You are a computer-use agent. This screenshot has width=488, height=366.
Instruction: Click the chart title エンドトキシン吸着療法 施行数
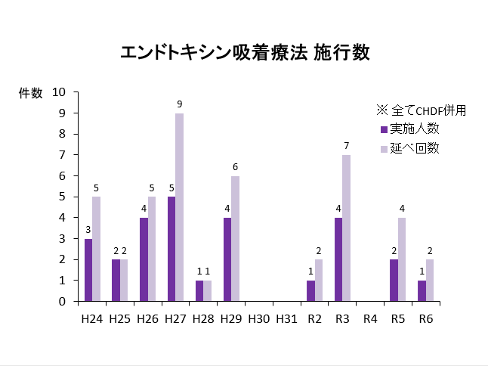tap(245, 53)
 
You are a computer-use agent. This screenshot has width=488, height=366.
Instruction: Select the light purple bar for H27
tap(180, 207)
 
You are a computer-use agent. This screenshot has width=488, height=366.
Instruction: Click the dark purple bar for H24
tap(88, 270)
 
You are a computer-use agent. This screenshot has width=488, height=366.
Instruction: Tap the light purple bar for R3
tap(347, 228)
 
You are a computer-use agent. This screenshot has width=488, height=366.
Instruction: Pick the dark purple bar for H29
tap(227, 259)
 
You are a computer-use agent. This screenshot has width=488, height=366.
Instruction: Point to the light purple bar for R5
tap(402, 259)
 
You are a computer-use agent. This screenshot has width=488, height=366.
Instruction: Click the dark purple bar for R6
tap(422, 290)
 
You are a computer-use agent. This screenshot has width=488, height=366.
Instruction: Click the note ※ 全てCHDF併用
tap(420, 110)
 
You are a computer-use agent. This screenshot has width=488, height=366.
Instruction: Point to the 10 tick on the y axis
tap(60, 92)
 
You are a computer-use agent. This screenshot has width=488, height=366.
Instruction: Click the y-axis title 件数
tap(31, 93)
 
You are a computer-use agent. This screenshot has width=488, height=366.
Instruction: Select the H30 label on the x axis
tap(258, 319)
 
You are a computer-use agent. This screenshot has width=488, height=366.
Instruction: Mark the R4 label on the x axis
tap(370, 319)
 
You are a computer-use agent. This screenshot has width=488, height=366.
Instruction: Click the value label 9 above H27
tap(180, 104)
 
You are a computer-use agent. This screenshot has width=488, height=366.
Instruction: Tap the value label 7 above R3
tap(347, 145)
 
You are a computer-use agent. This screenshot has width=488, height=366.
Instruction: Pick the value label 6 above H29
tap(236, 166)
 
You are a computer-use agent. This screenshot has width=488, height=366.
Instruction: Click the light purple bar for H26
tap(152, 249)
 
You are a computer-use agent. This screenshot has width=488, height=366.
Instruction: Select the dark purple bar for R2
tap(310, 290)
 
